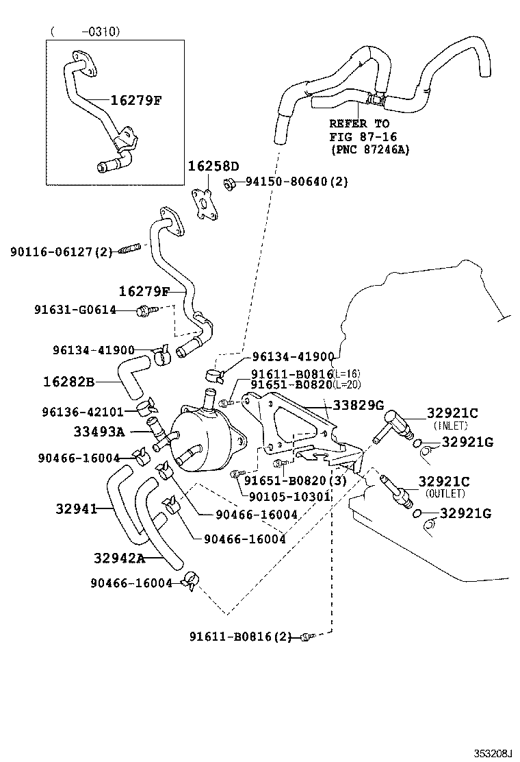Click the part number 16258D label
213,167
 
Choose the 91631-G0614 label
75,310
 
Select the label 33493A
99,431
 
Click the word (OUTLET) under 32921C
445,493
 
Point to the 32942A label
120,558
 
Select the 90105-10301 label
287,496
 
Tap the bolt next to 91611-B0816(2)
307,637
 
